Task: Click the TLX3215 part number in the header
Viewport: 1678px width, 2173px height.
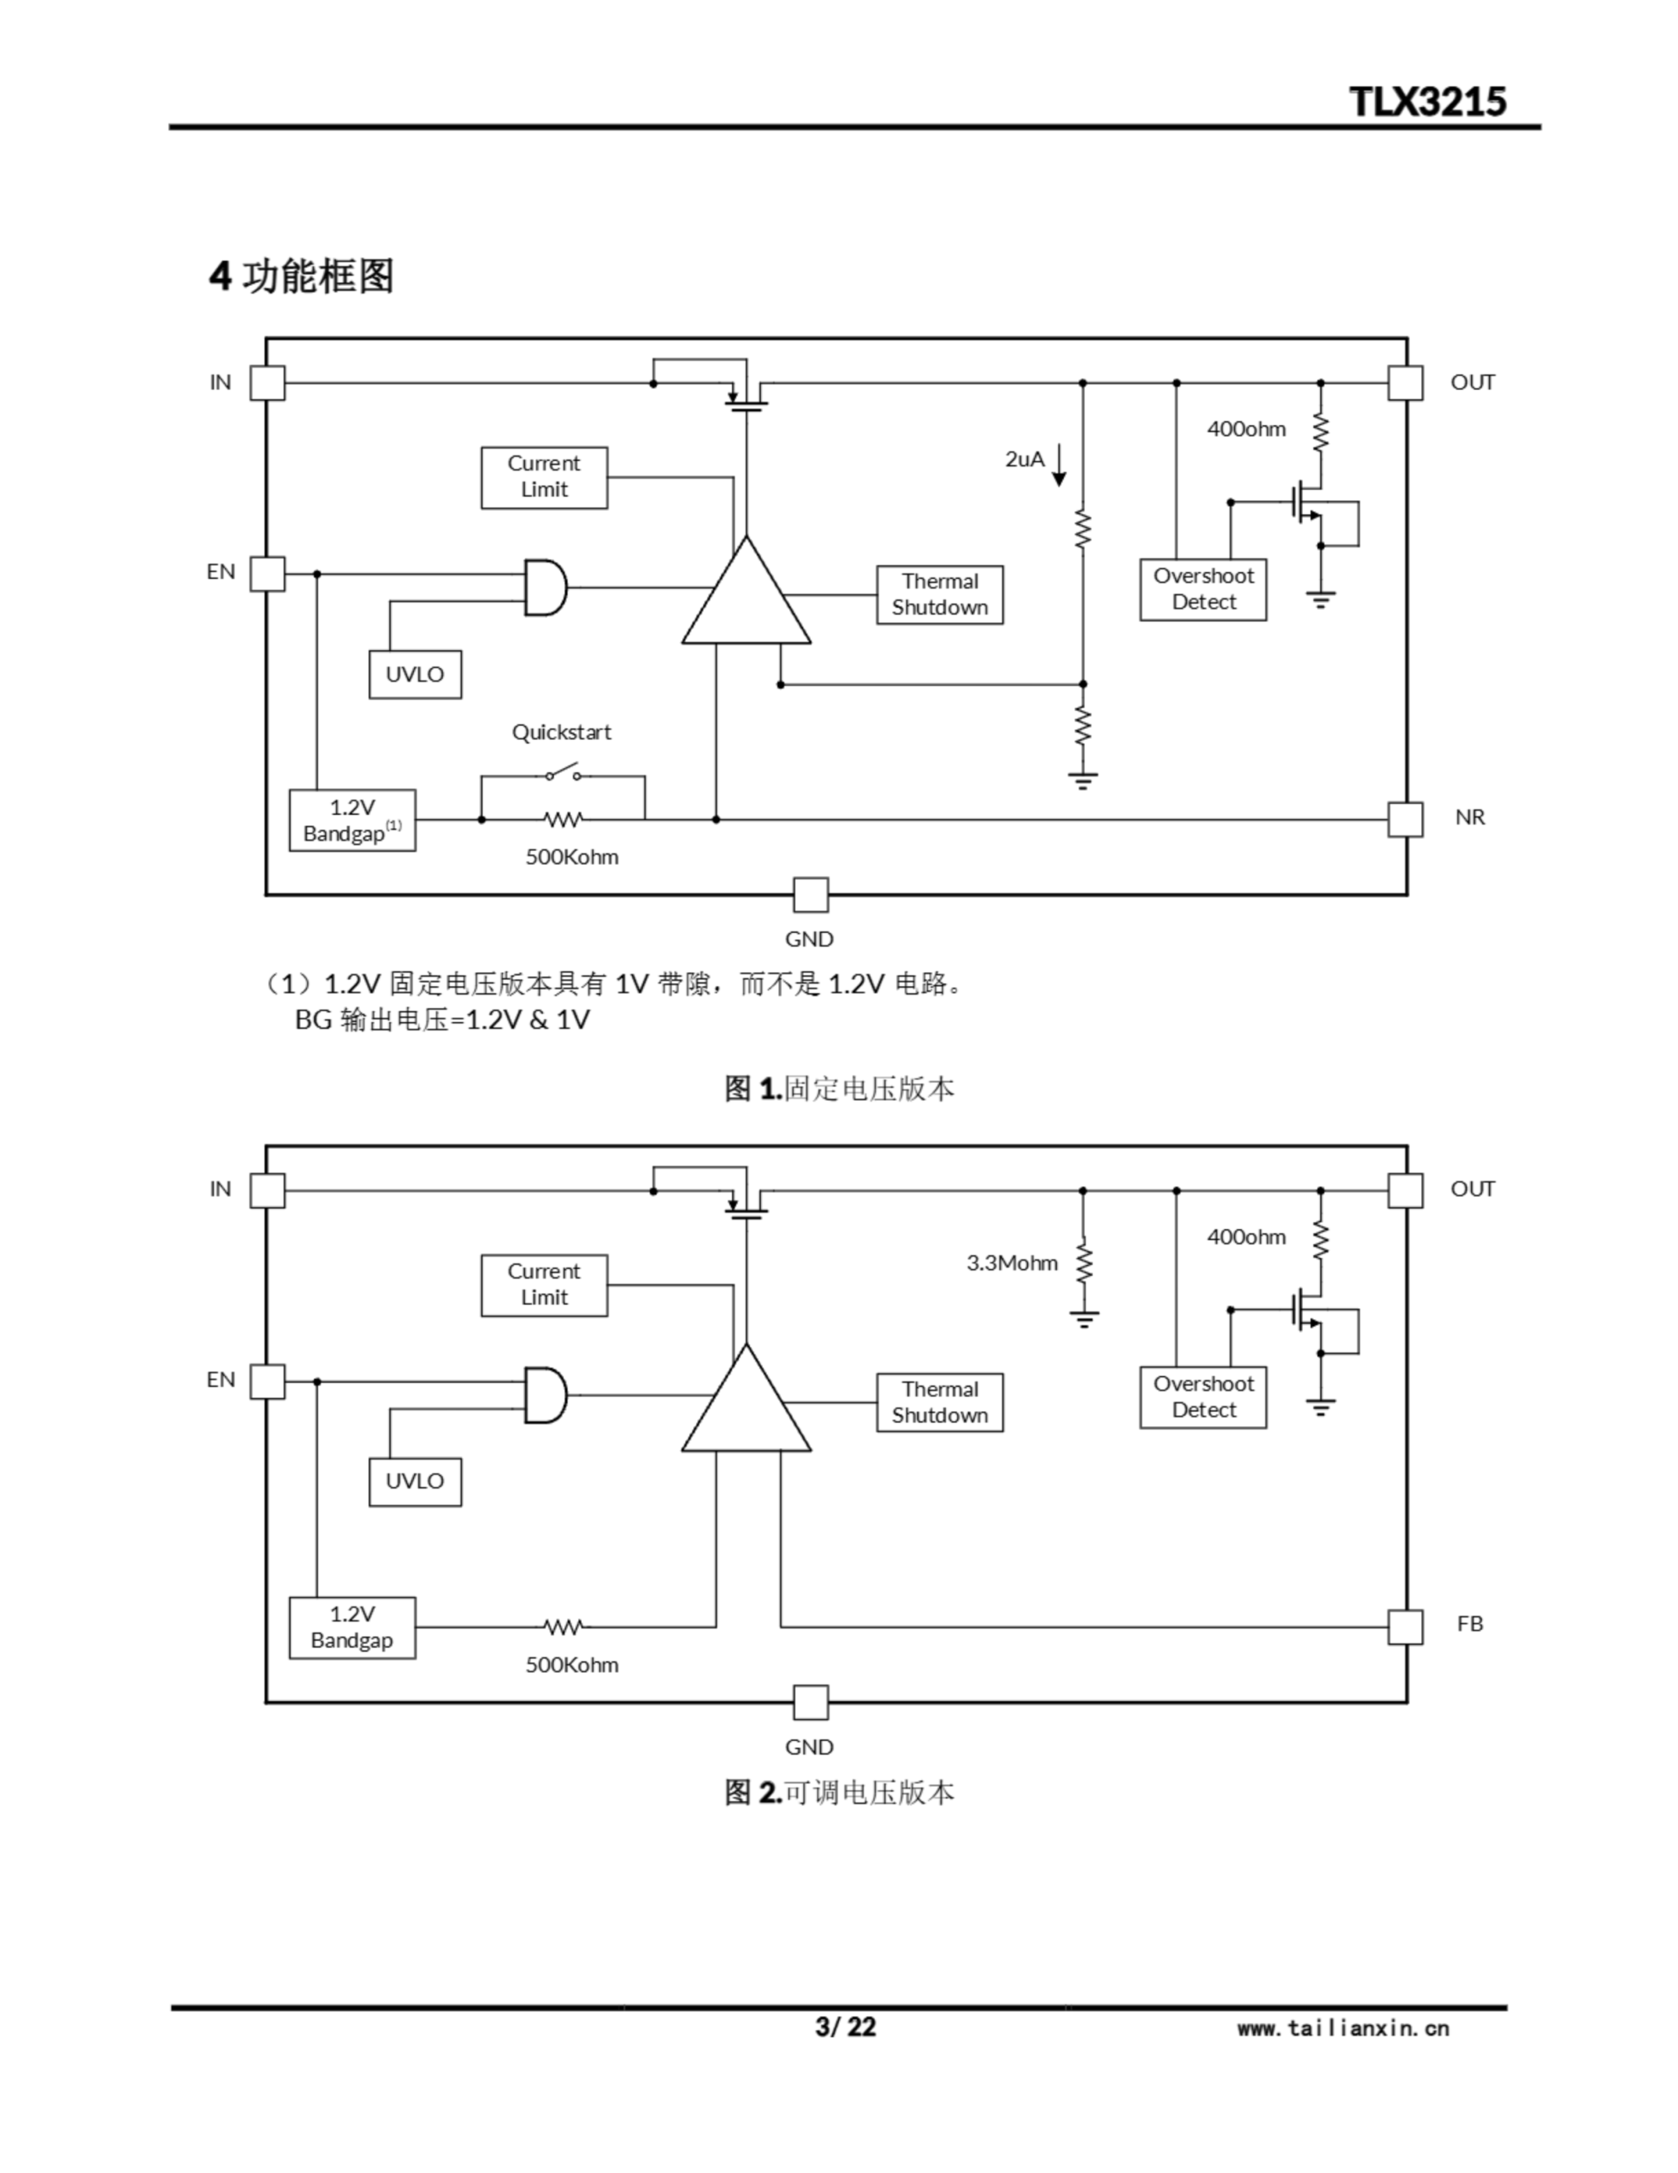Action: [1428, 102]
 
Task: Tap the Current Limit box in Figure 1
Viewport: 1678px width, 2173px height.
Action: [544, 478]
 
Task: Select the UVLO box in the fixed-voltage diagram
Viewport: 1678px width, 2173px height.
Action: [415, 675]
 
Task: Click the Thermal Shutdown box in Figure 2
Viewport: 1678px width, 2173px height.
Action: [939, 1402]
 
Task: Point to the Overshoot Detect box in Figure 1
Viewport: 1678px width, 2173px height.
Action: [1203, 589]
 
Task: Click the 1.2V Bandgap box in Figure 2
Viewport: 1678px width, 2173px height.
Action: [352, 1628]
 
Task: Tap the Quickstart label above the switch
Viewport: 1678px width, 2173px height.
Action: [561, 733]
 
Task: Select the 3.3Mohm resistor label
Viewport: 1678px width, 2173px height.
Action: [1011, 1262]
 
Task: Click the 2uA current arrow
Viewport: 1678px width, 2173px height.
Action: [1060, 464]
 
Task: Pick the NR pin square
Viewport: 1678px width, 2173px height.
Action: [1405, 820]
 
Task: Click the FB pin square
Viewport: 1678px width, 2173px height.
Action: [1405, 1628]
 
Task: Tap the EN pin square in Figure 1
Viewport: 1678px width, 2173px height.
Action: [267, 573]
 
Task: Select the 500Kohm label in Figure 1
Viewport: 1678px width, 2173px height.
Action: [572, 856]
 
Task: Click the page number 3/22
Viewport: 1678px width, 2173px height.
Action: [846, 2027]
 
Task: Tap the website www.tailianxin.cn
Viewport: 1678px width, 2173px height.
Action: [1343, 2028]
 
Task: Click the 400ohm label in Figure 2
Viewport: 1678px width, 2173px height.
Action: [1246, 1237]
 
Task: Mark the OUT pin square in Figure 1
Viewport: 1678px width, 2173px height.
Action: [1405, 382]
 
